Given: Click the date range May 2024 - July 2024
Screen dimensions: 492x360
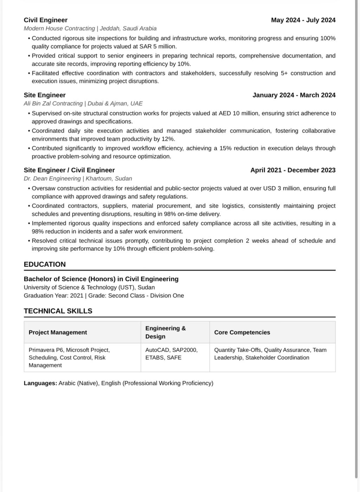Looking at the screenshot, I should [303, 20].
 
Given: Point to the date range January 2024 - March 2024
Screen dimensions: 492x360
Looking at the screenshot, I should [294, 95].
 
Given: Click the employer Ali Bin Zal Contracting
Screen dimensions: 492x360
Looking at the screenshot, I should [53, 103].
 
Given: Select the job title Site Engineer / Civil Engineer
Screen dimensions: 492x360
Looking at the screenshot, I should [69, 170].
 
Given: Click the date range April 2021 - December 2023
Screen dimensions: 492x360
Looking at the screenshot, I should [293, 170].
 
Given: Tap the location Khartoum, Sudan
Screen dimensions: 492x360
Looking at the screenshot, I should [109, 179].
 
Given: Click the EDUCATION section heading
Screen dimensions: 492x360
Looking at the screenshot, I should [45, 264].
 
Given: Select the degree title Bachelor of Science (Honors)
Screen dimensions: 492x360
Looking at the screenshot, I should [70, 279].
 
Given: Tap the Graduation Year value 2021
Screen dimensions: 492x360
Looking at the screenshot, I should [77, 296].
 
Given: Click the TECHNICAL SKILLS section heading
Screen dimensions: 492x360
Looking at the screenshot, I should [58, 311].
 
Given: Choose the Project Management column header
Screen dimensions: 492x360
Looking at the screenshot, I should [58, 332].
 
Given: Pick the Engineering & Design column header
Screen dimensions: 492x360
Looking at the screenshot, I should [166, 332].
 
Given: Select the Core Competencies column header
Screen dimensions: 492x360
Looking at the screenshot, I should [242, 332].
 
